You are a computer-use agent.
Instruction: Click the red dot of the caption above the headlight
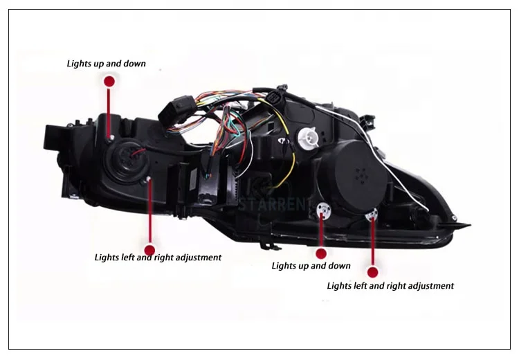(x=109, y=81)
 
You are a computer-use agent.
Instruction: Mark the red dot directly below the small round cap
(x=149, y=251)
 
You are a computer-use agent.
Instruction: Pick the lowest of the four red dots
(x=374, y=272)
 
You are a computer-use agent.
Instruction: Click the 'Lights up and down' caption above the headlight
(x=106, y=64)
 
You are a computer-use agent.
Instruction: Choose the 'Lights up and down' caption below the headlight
(x=311, y=265)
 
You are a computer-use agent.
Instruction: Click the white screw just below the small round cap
(x=148, y=181)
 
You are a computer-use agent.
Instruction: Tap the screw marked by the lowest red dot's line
(x=372, y=214)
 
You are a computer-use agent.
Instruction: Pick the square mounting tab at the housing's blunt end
(x=53, y=138)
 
